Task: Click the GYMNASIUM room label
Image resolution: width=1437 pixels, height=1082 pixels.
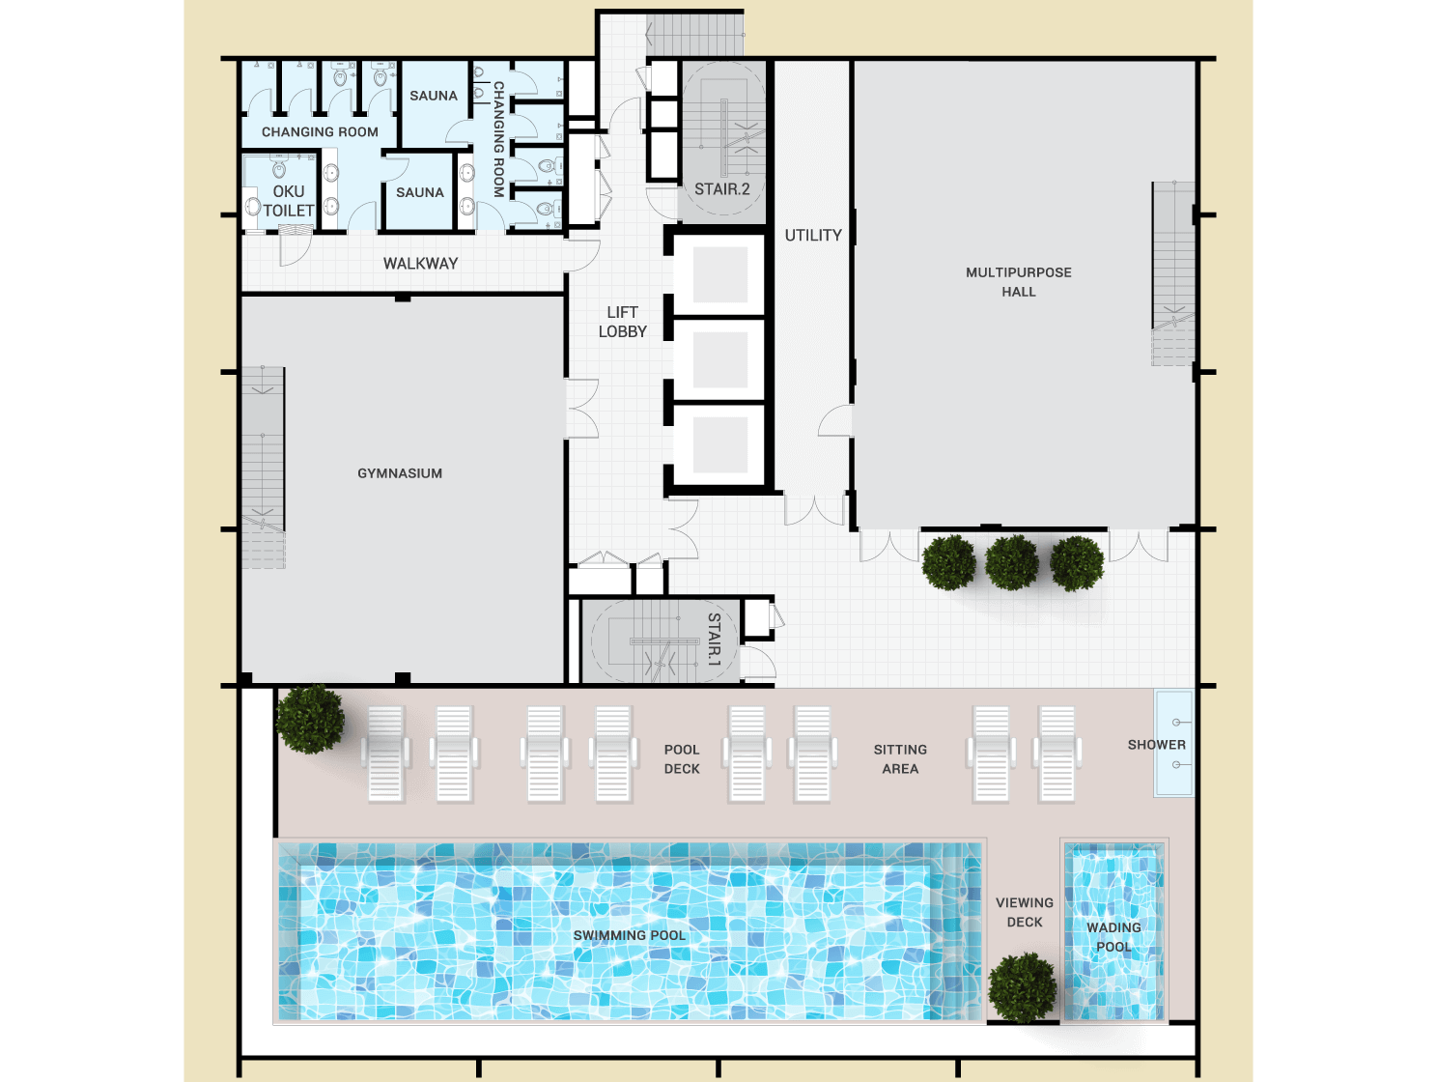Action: point(400,472)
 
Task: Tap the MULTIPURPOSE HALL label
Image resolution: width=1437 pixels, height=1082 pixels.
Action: point(1019,282)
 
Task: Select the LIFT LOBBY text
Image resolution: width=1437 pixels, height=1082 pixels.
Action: point(622,322)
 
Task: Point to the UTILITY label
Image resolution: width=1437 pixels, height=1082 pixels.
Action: point(813,235)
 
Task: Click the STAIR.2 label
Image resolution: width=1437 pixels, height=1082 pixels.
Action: point(721,189)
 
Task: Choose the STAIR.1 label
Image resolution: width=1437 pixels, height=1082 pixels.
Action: point(714,640)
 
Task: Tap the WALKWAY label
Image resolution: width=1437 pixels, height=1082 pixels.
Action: point(420,264)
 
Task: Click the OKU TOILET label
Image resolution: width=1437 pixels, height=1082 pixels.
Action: point(289,201)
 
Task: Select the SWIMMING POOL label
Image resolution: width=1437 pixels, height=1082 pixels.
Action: point(629,935)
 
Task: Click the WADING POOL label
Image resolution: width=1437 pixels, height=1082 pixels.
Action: point(1113,936)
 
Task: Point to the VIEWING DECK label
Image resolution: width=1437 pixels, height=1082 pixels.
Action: point(1025,912)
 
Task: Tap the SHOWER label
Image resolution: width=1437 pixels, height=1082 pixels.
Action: point(1156,745)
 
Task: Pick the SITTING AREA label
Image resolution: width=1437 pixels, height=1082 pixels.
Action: point(900,758)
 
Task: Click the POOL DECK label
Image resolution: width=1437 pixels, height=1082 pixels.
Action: point(682,758)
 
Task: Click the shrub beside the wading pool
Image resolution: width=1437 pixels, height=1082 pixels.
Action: point(1022,987)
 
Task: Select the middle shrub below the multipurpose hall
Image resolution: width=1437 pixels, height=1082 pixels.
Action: point(1011,562)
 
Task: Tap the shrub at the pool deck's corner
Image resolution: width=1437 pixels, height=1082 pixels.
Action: point(310,719)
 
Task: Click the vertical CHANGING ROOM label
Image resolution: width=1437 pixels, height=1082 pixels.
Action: point(499,139)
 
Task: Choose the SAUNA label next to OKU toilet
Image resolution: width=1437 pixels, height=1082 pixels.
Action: point(420,192)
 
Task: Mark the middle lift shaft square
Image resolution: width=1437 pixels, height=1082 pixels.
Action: point(720,360)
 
